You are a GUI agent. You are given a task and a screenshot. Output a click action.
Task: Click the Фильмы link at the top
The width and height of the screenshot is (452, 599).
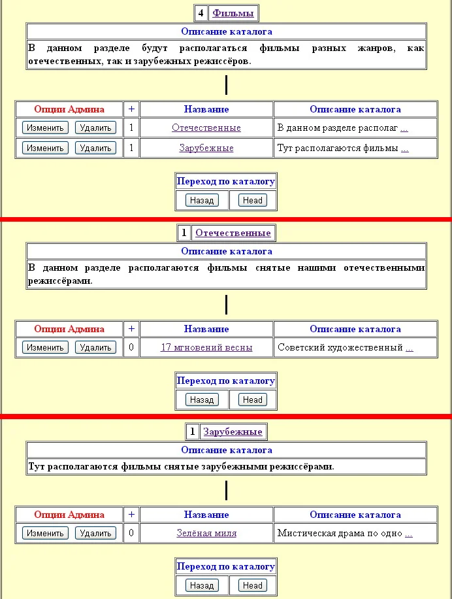point(233,13)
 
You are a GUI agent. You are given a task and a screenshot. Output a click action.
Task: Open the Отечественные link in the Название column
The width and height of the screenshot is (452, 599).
point(206,128)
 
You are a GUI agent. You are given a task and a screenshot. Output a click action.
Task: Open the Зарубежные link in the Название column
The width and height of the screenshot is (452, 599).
point(206,148)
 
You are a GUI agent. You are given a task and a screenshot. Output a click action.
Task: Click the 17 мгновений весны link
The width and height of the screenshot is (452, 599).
point(206,347)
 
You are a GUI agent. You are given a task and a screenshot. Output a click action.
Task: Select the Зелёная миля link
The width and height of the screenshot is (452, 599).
point(206,533)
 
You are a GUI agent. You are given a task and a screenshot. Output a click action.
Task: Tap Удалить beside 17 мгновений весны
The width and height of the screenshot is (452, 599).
point(95,347)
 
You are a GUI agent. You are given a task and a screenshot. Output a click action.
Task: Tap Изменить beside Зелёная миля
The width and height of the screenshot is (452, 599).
point(45,533)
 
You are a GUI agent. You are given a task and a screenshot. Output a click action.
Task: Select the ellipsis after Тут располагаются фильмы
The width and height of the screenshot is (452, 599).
point(405,149)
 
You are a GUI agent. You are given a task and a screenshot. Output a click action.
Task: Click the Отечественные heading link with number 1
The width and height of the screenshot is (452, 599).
point(233,233)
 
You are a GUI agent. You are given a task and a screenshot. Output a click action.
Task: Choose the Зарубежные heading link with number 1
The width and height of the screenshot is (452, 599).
point(233,432)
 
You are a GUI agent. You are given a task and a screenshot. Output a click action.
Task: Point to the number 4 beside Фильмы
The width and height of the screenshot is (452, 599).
point(201,13)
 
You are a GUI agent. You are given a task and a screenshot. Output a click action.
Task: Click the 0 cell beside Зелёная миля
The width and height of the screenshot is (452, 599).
point(131,533)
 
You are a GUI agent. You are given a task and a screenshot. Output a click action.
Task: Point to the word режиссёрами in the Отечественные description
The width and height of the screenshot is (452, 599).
point(59,281)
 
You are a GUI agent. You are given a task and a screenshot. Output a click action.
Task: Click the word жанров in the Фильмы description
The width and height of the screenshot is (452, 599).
point(376,48)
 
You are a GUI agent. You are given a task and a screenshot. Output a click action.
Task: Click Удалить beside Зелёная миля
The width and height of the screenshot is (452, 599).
point(95,533)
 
